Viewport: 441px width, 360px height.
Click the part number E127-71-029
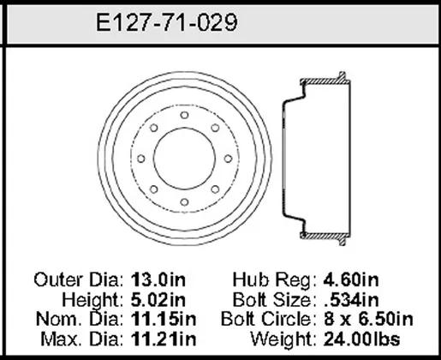(167, 22)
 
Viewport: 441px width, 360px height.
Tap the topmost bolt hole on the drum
(184, 115)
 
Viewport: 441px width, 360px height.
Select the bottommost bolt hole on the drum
(184, 202)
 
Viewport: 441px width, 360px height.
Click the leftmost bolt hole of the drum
(141, 159)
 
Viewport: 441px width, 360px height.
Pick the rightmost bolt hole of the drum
(228, 159)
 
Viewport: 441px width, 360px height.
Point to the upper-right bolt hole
(215, 128)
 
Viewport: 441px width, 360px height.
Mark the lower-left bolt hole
(154, 189)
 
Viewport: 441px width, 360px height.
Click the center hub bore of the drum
(184, 159)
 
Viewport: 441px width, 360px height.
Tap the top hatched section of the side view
(325, 81)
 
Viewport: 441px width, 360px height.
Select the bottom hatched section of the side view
(325, 237)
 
